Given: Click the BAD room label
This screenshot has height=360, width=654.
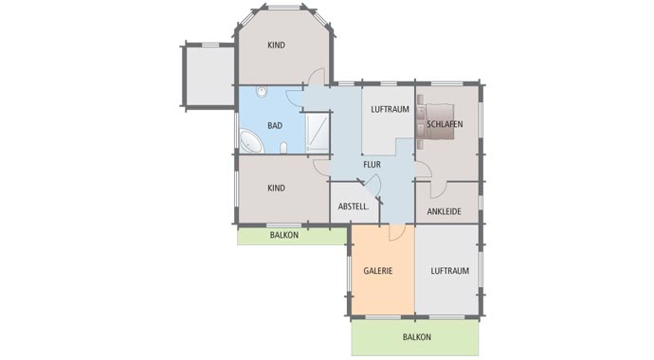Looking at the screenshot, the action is click(x=275, y=125).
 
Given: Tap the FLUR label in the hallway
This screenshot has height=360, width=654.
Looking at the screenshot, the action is click(x=372, y=165).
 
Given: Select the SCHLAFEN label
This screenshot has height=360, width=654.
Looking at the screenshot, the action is click(x=445, y=124).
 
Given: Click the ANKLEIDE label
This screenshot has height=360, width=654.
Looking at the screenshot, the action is click(x=444, y=211).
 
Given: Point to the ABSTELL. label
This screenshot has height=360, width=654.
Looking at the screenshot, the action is click(x=354, y=207).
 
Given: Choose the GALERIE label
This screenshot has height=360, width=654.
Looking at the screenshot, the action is click(x=378, y=271).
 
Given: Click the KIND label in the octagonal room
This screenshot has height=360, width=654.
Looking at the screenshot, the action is click(x=276, y=45).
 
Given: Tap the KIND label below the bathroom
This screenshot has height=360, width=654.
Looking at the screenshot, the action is click(x=276, y=188).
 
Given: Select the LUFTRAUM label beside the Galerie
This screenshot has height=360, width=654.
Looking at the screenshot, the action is click(x=449, y=271).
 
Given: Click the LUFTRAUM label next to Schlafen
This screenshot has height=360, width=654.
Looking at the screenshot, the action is click(x=390, y=110).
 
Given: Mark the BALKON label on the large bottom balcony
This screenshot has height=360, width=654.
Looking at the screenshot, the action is click(x=417, y=337).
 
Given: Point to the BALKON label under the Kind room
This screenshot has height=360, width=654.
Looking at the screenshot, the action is click(x=284, y=235).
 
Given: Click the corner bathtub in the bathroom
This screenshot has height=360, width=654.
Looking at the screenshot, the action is click(x=250, y=142).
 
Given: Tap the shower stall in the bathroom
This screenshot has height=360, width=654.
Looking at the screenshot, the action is click(x=318, y=133).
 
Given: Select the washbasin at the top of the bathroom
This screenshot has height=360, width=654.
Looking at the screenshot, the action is click(x=262, y=92).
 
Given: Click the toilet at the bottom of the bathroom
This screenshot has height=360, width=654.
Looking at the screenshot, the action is click(x=283, y=148).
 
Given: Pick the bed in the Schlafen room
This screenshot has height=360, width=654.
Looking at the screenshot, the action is click(x=435, y=121).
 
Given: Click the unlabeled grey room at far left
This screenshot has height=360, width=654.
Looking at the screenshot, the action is click(x=209, y=76).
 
